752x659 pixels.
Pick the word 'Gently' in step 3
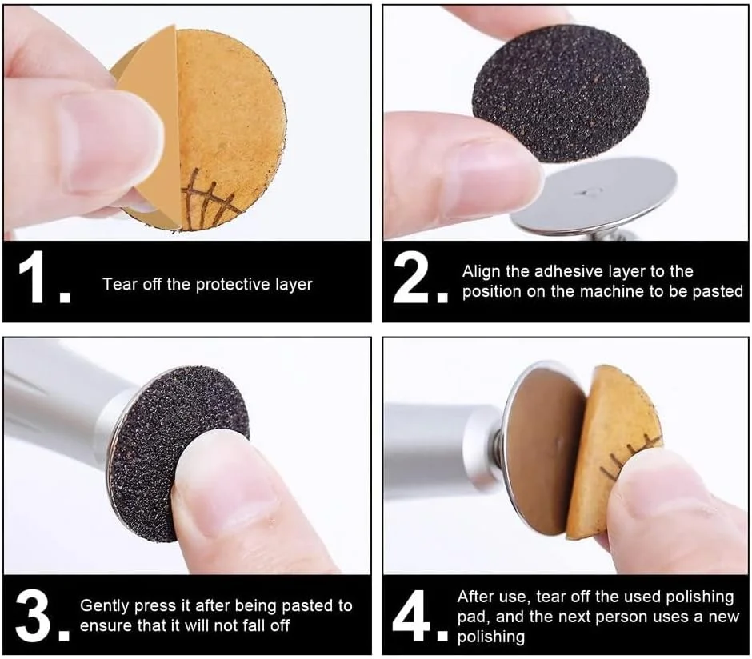point(105,606)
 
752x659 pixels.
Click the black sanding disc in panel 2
point(561,93)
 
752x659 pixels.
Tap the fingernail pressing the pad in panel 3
point(226,484)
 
